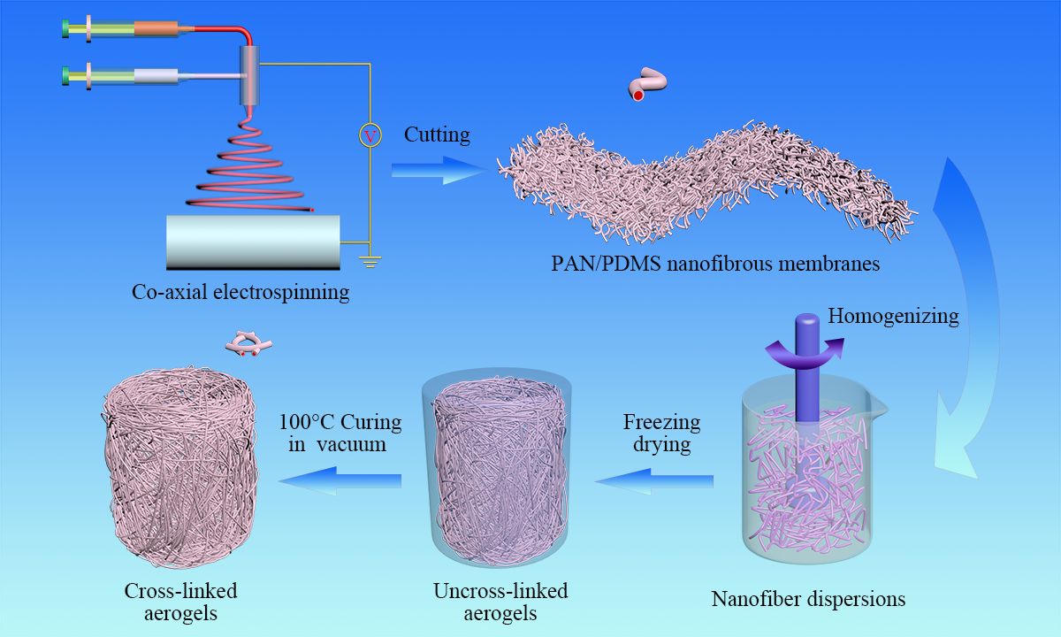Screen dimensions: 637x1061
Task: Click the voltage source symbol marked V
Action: [x=370, y=135]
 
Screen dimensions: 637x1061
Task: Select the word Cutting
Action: [x=437, y=135]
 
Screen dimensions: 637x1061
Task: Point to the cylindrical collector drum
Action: [x=253, y=241]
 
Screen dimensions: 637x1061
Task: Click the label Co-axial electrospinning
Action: [x=240, y=291]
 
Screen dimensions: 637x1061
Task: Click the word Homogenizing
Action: [x=893, y=316]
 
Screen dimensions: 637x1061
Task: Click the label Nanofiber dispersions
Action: [x=808, y=599]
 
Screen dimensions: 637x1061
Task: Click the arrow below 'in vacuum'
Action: [x=340, y=480]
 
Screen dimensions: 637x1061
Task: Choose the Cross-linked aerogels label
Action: [x=180, y=601]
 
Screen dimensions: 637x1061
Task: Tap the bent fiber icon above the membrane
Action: [x=646, y=82]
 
